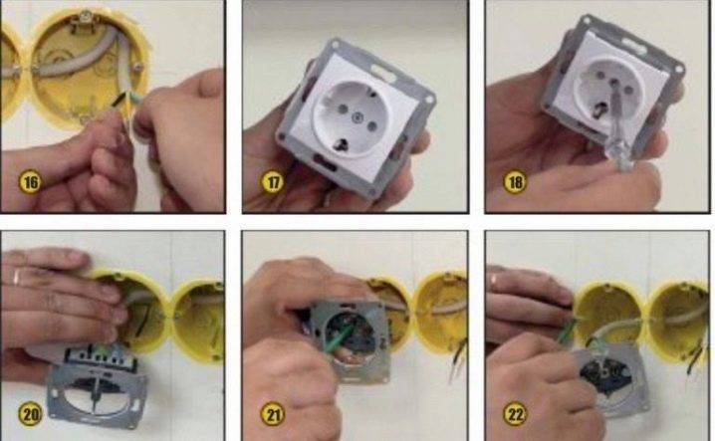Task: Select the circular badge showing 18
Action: [516, 181]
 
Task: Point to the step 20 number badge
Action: [31, 411]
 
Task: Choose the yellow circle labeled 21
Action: [272, 412]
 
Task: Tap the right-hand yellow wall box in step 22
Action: [678, 319]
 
